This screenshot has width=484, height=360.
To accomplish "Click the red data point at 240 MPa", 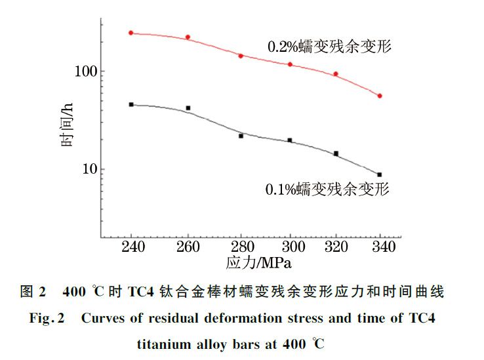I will coord(131,32).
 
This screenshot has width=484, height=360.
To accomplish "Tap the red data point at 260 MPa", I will coord(188,37).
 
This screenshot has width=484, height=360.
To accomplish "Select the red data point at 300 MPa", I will coord(290,64).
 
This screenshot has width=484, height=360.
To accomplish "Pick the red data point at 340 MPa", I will coord(380,96).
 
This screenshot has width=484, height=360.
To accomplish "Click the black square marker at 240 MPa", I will coord(131,104).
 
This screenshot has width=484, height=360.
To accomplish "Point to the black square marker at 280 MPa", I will coord(241,136).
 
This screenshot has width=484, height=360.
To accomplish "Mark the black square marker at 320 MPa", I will coord(336,153).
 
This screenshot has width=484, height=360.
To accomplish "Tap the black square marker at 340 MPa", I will coord(380,174).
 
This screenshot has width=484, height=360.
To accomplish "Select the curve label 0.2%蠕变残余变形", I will coord(329,47).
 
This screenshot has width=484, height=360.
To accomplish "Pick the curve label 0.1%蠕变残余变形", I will coord(327,190).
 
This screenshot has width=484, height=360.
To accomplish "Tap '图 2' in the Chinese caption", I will coord(33,292).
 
